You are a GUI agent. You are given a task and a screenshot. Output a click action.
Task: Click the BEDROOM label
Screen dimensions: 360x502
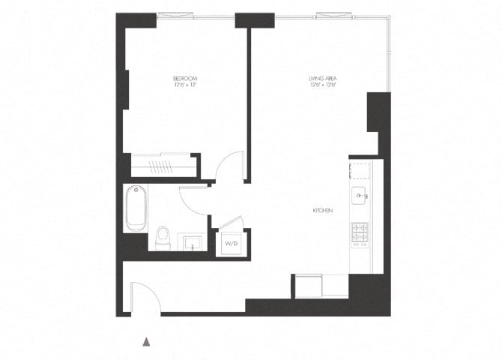[184, 78]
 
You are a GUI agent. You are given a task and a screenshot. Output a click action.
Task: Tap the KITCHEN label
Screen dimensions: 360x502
[323, 211]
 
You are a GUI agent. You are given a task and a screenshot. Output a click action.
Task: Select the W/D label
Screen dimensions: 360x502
[231, 244]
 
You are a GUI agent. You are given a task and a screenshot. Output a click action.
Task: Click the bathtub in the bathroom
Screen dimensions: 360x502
[136, 208]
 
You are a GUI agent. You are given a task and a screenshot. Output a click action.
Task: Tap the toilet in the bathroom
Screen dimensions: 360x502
[163, 238]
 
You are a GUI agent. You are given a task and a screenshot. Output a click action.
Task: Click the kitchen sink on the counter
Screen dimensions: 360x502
[360, 196]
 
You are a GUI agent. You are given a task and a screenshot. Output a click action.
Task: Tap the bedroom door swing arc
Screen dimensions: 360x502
[231, 166]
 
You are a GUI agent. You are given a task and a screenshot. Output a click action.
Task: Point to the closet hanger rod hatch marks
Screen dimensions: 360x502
[161, 165]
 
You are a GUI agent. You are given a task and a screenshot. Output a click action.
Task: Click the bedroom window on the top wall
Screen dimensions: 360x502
[178, 13]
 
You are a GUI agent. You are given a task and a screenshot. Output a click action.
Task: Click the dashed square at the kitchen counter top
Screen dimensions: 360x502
[360, 169]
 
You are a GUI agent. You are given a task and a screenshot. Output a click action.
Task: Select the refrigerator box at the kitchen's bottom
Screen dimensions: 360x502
[308, 285]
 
